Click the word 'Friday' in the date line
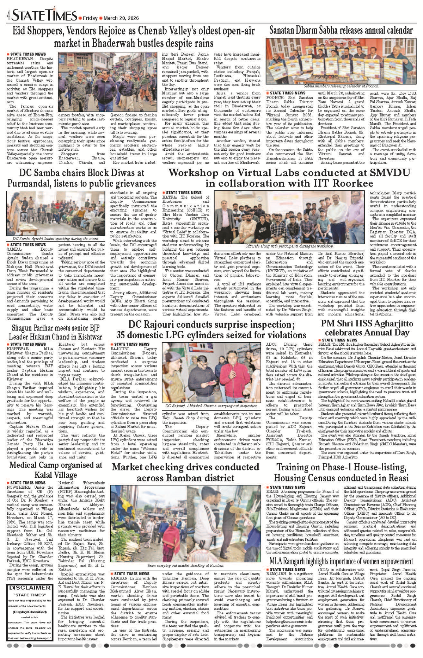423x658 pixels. click(x=90, y=18)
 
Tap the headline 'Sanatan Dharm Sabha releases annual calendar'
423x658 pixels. click(x=341, y=31)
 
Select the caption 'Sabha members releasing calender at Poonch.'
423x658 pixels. click(x=341, y=86)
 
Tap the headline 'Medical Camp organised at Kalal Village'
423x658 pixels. click(x=55, y=470)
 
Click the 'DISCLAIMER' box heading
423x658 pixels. click(x=30, y=588)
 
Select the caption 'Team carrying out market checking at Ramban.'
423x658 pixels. click(x=185, y=565)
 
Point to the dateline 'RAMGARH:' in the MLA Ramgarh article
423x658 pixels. click(x=277, y=574)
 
